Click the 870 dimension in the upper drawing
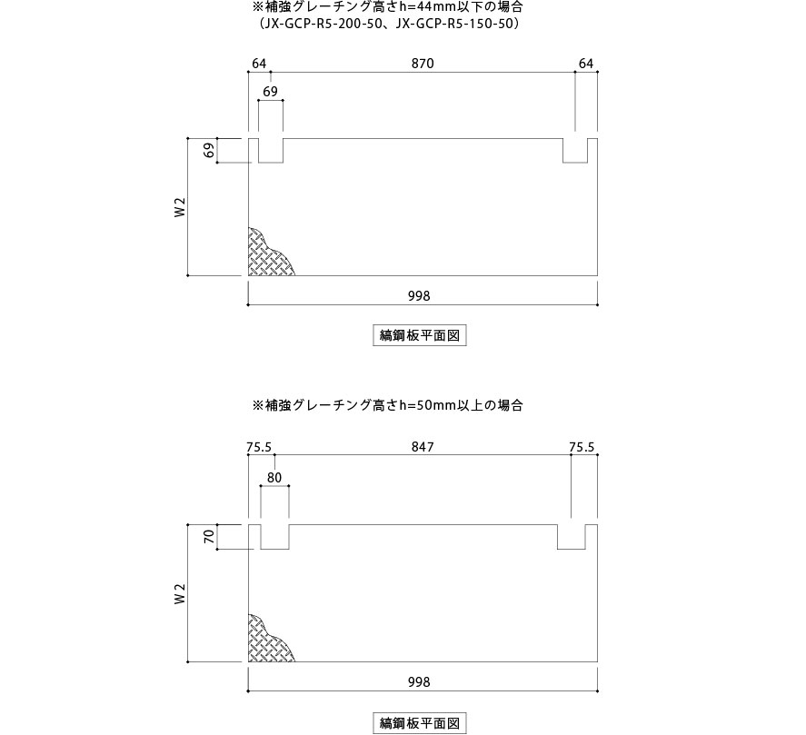point(423,64)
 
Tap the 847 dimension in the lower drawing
point(423,447)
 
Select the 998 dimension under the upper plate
point(419,295)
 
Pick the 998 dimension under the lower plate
point(419,681)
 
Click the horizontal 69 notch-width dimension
point(271,92)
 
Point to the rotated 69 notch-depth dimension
point(209,151)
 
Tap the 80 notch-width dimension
point(274,478)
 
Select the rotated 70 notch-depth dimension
point(209,537)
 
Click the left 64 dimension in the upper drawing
point(259,64)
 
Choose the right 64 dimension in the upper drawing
point(586,64)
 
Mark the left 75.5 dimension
point(259,447)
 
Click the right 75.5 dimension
point(582,447)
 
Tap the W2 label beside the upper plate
point(179,207)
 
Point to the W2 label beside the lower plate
point(179,593)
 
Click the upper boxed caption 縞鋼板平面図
point(420,335)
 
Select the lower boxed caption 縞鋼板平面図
point(420,723)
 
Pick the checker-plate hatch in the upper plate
point(267,255)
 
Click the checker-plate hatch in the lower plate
point(267,641)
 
